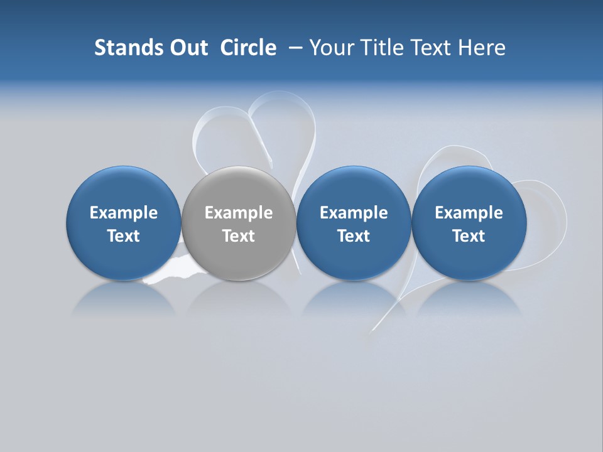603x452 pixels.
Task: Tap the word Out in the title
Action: [188, 48]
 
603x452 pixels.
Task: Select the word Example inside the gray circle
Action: [239, 213]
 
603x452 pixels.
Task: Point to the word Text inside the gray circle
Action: [239, 236]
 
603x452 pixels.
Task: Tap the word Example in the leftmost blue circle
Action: [123, 213]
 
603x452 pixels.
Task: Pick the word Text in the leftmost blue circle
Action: [123, 236]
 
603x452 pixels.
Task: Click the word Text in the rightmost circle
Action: [469, 236]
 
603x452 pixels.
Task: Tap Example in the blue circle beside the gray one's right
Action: [354, 213]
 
